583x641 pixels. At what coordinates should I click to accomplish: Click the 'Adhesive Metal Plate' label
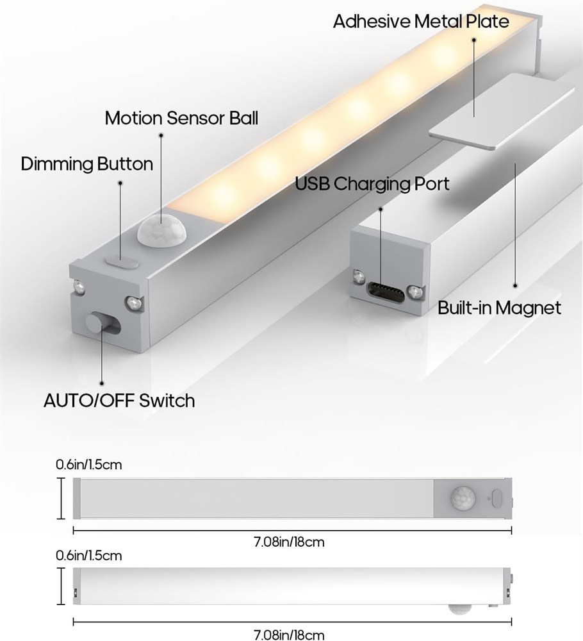pyautogui.click(x=421, y=21)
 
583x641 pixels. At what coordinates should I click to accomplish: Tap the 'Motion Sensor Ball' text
pyautogui.click(x=181, y=118)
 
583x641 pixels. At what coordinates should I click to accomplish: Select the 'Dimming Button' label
pyautogui.click(x=87, y=164)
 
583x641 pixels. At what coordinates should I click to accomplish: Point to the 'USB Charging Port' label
pyautogui.click(x=372, y=183)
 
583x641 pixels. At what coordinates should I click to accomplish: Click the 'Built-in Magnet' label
pyautogui.click(x=499, y=308)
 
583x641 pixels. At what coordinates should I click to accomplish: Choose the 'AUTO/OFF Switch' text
pyautogui.click(x=119, y=400)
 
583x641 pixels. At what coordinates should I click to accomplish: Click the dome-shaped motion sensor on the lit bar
pyautogui.click(x=161, y=229)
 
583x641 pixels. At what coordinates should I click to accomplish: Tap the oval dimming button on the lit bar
pyautogui.click(x=121, y=262)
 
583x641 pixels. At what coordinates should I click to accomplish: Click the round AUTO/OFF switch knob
pyautogui.click(x=96, y=322)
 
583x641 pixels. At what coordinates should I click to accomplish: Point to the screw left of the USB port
pyautogui.click(x=358, y=277)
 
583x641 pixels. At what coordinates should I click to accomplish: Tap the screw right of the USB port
pyautogui.click(x=416, y=292)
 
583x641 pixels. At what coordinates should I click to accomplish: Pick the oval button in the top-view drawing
pyautogui.click(x=497, y=498)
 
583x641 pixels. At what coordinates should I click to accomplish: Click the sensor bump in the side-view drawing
pyautogui.click(x=459, y=607)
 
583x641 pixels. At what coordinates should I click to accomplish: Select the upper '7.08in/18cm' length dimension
pyautogui.click(x=289, y=542)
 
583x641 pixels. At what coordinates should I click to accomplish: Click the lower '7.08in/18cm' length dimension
pyautogui.click(x=289, y=635)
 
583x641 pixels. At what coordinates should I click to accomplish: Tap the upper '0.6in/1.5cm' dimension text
pyautogui.click(x=88, y=465)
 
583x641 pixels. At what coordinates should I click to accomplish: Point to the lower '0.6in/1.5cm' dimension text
pyautogui.click(x=88, y=556)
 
